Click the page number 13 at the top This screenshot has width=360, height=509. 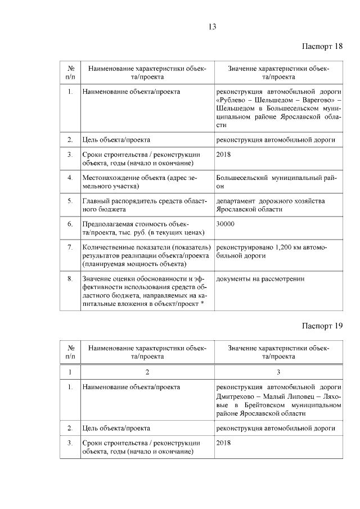[212, 26]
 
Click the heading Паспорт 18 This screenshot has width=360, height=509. [322, 46]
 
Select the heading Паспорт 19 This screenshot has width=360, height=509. [322, 326]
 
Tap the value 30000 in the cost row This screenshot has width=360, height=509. [225, 224]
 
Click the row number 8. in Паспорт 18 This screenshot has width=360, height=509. [70, 278]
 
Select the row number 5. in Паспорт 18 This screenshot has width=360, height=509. [70, 201]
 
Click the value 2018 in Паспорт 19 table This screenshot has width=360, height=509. [223, 443]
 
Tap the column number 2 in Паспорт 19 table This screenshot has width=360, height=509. [147, 372]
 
